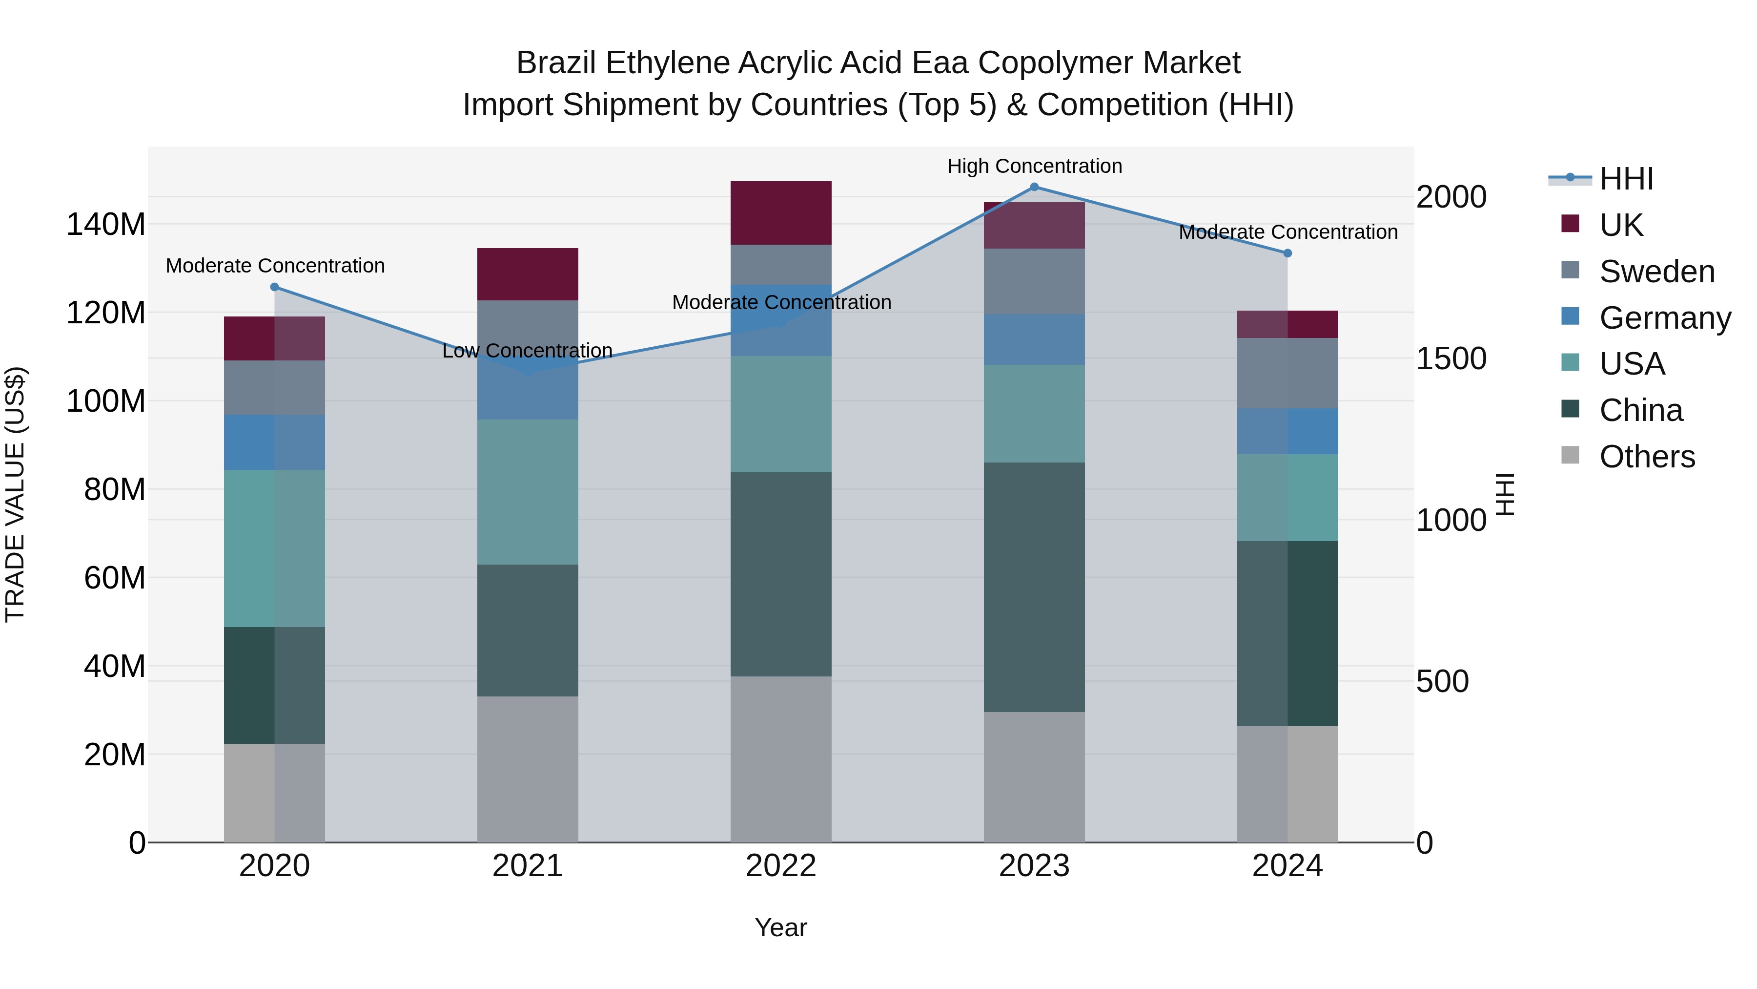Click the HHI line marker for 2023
click(x=1034, y=187)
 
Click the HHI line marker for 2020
click(x=275, y=287)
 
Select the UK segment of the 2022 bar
click(x=781, y=213)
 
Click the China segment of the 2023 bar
click(x=1034, y=587)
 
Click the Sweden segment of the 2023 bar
click(x=1034, y=281)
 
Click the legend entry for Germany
click(x=1664, y=318)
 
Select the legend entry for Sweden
click(x=1656, y=272)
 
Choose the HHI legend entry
click(x=1626, y=179)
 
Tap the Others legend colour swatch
click(x=1570, y=455)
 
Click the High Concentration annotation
click(x=1034, y=166)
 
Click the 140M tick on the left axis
click(x=106, y=225)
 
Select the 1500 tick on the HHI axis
click(x=1451, y=359)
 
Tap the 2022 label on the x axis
click(x=781, y=866)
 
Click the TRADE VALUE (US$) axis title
click(x=15, y=495)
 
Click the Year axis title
click(x=781, y=927)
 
